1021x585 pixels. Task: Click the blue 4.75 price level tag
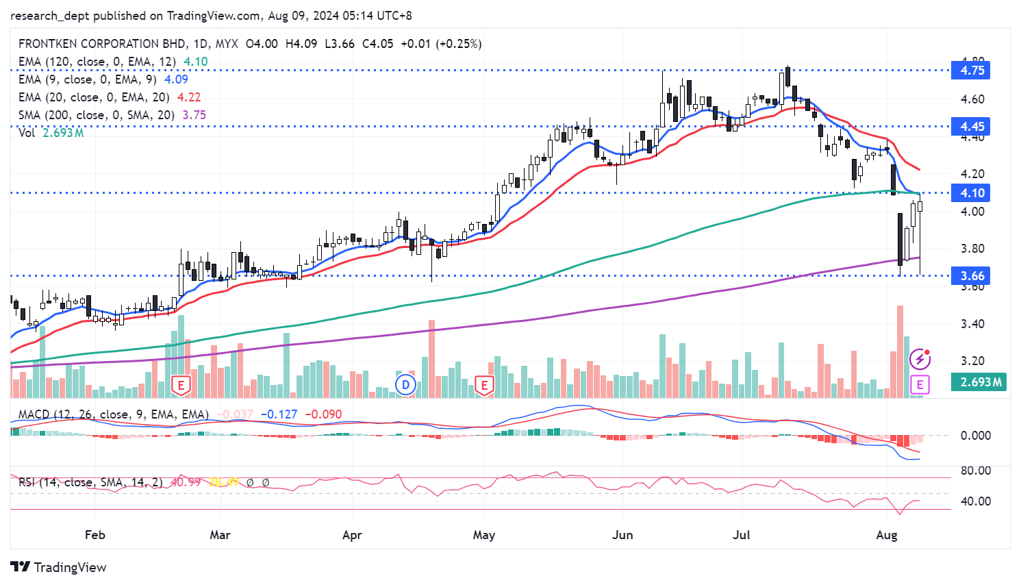pos(971,71)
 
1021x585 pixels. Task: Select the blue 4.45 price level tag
pos(971,127)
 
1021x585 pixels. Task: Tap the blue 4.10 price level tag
pos(971,193)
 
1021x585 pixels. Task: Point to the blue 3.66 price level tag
pos(971,276)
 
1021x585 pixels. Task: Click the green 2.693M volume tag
pos(980,382)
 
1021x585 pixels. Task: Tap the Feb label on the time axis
pos(95,535)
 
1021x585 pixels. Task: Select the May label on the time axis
pos(483,535)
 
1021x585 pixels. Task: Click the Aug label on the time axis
pos(886,535)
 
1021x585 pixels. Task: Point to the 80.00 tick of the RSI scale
pos(975,471)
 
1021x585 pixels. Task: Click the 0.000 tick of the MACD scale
pos(975,436)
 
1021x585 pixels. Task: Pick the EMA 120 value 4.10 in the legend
pos(196,62)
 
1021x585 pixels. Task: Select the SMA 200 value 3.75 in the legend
pos(194,115)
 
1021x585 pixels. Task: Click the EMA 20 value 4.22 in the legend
pos(189,97)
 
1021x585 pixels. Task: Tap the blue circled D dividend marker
pos(406,384)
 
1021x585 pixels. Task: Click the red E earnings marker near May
pos(484,385)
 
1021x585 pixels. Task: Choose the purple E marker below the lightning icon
pos(920,384)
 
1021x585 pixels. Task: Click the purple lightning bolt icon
pos(920,359)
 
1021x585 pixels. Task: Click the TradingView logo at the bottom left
pos(59,567)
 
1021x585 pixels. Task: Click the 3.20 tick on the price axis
pos(972,361)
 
